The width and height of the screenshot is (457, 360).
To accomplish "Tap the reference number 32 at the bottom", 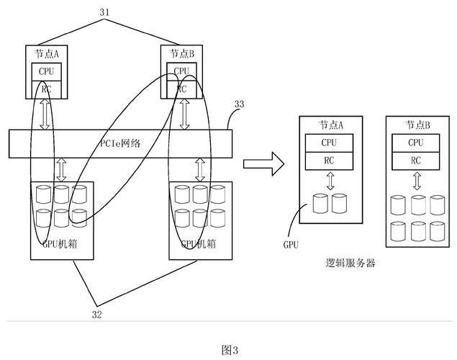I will (97, 314).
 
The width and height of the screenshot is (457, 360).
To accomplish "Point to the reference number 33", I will (239, 104).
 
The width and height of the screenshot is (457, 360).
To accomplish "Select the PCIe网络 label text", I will (119, 143).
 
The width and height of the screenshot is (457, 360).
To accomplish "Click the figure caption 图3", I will (229, 349).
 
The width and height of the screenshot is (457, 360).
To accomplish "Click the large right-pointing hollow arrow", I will (261, 163).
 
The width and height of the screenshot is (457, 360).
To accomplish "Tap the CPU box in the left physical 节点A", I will (45, 72).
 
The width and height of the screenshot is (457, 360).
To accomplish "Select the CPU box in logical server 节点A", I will (329, 143).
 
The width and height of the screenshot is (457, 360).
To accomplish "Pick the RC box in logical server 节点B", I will (416, 160).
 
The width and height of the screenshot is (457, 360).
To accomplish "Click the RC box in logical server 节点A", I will (329, 160).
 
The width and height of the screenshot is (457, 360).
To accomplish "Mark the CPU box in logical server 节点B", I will (416, 143).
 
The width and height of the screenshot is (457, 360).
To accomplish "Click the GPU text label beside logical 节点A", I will (291, 245).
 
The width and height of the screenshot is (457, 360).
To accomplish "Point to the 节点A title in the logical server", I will (331, 125).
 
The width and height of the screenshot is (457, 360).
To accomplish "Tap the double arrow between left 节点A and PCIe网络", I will (45, 115).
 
